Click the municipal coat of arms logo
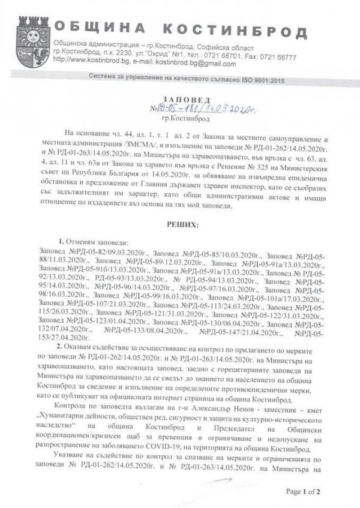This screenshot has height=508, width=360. point(31,40)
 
